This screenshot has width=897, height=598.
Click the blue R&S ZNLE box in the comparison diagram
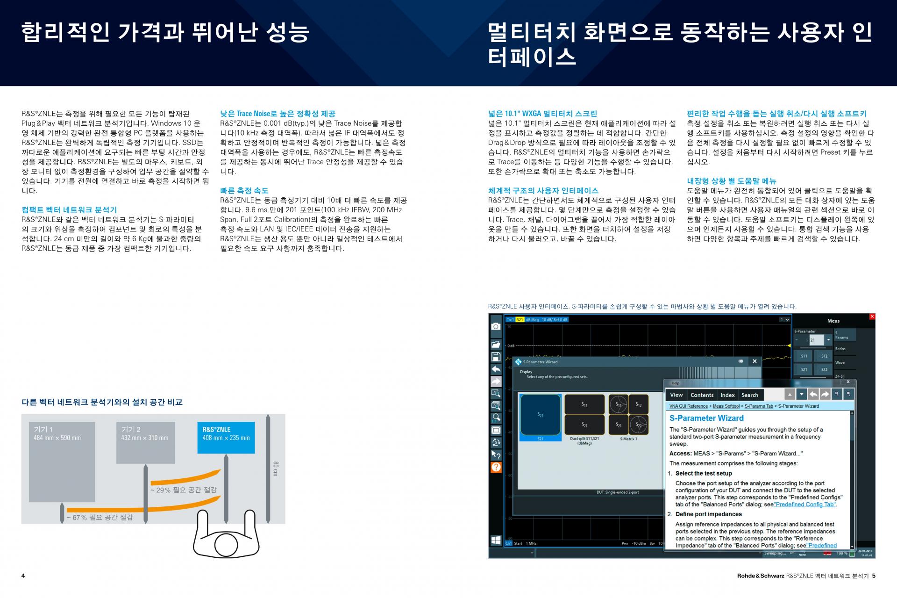click(x=226, y=438)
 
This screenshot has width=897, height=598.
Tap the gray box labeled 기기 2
click(x=145, y=442)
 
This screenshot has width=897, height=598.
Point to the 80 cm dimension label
click(x=276, y=468)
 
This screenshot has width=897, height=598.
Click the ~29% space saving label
click(x=184, y=490)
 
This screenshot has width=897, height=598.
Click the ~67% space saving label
click(x=100, y=518)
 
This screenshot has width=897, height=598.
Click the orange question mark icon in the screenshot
click(x=496, y=467)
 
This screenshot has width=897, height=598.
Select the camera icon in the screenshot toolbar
click(x=496, y=326)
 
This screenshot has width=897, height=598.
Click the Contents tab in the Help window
click(x=702, y=395)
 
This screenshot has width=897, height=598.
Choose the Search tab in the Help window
click(x=750, y=395)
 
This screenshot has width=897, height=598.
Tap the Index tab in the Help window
click(x=727, y=395)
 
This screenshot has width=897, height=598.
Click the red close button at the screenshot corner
click(x=872, y=317)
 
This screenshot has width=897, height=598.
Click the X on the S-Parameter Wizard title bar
click(x=754, y=361)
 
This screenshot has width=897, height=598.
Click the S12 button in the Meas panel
click(x=824, y=356)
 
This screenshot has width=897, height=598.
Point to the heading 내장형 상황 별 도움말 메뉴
click(x=731, y=181)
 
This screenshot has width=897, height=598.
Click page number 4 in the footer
click(x=23, y=576)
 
